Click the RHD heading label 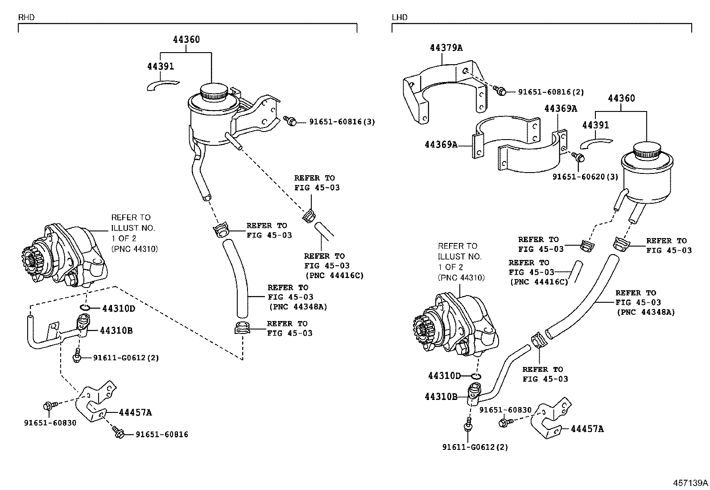pos(26,17)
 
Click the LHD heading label pos(400,17)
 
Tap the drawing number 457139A pos(690,483)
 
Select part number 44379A pos(446,48)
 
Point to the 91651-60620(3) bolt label pos(585,177)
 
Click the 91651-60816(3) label pos(342,122)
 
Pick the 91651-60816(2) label pos(551,92)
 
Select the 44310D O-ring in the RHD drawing pos(86,308)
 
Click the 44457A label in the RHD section pos(136,412)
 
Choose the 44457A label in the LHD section pos(587,429)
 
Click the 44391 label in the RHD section pos(161,66)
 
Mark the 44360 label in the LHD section pos(621,98)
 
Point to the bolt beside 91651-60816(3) pos(290,120)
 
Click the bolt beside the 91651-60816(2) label pos(500,91)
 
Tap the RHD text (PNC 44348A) pos(297,306)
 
